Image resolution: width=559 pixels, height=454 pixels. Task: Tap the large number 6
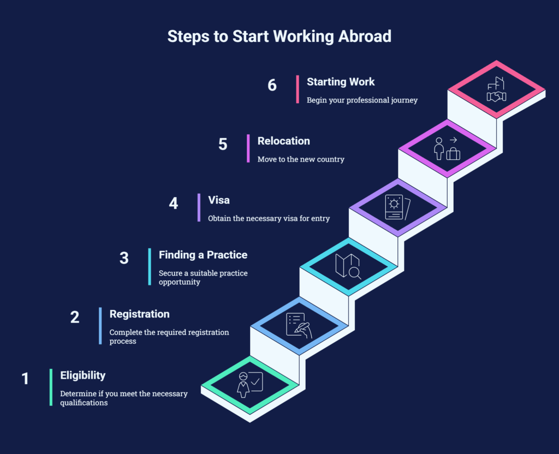point(272,85)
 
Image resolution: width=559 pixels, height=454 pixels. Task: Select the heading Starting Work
point(341,82)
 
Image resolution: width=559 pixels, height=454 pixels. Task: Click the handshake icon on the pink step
point(496,96)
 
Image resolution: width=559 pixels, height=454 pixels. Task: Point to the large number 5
point(223,144)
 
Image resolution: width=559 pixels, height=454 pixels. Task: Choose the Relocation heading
point(283,141)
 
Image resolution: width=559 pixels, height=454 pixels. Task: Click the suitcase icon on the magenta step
point(453,153)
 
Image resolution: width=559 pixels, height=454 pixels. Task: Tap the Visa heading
point(218,200)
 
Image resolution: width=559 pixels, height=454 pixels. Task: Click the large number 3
point(124,258)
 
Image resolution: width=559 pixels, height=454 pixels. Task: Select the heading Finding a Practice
point(203,255)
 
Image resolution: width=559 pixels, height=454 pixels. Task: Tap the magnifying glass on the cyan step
point(355,273)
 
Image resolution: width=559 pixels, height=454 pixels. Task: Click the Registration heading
point(139,314)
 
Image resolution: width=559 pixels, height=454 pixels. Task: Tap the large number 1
point(25,379)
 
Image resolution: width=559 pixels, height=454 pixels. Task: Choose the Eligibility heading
point(83,375)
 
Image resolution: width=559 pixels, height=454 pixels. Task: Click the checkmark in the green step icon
point(255,381)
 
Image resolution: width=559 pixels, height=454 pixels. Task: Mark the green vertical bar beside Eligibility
point(51,387)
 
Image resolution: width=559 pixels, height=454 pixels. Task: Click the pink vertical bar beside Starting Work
point(298,89)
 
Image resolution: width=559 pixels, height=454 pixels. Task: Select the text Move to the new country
point(301,159)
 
